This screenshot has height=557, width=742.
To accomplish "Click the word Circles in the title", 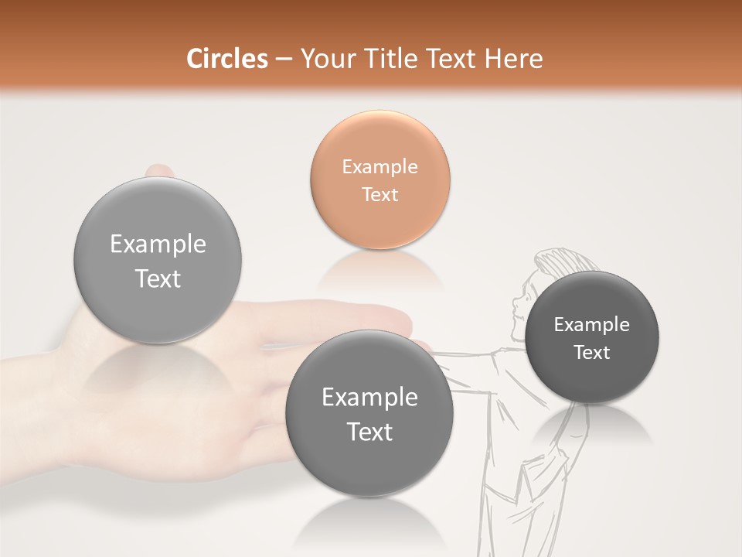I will coord(226,59).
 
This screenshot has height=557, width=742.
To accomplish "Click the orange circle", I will coord(380,179).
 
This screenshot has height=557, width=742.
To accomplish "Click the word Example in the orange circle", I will coord(380,166).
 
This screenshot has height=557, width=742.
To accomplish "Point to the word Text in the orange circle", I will coord(380,194).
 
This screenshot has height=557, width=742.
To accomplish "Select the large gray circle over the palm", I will coord(158,260).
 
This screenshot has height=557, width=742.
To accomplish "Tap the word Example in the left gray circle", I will coord(158,244).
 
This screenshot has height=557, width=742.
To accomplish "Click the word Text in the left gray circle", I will coord(158,278).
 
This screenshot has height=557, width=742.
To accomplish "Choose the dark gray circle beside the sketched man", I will coord(591,337).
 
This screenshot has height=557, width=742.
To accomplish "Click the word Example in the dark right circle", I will coord(591,324).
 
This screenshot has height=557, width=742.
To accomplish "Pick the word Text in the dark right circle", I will coord(591,352).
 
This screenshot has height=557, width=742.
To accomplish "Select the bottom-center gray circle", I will coord(369,413).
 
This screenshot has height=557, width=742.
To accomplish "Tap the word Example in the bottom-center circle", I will coord(369,397).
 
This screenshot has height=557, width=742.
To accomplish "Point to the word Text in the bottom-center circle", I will coord(369,432).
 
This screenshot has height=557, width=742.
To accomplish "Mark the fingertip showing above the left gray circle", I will coord(160,170).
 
